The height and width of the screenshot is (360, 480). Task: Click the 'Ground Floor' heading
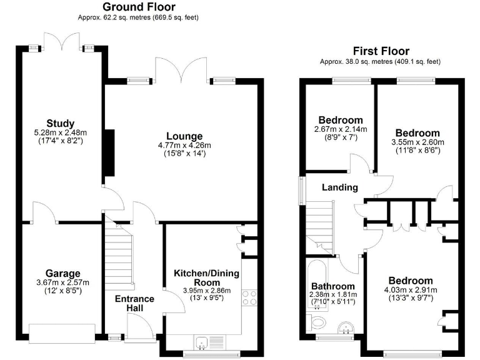(138, 7)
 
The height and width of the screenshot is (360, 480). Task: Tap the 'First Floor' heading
(381, 51)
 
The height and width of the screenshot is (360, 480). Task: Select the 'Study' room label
(60, 122)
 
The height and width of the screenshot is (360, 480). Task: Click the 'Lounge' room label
(184, 136)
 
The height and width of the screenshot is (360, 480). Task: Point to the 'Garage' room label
(62, 273)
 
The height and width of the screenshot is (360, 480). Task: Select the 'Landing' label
(339, 187)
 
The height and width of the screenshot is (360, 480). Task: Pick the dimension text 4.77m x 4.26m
(184, 146)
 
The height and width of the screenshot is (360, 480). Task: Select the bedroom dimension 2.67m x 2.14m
(341, 129)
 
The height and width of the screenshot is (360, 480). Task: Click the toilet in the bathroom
(317, 322)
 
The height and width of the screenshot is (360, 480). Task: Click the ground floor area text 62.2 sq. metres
(138, 17)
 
